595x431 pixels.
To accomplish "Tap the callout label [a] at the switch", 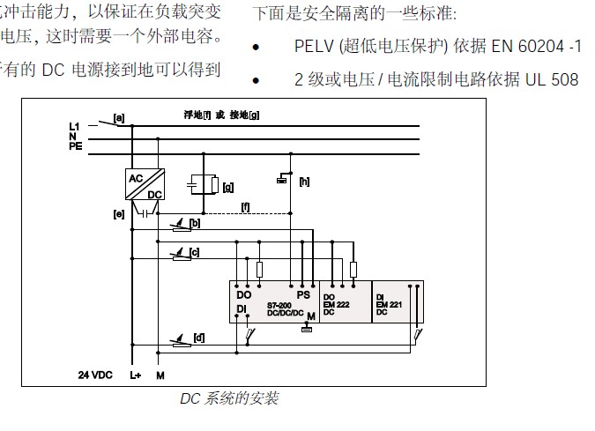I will click(x=118, y=117).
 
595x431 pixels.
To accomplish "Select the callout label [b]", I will click(x=196, y=224).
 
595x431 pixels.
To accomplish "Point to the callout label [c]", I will click(x=195, y=252).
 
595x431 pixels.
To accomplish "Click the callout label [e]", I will click(x=118, y=213).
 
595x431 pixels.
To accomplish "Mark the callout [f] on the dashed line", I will click(x=246, y=207).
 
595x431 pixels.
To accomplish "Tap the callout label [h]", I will click(x=304, y=182).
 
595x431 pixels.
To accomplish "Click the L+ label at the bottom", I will click(x=136, y=375).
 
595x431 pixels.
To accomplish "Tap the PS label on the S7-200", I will click(x=304, y=294).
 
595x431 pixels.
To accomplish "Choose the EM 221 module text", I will click(x=385, y=304).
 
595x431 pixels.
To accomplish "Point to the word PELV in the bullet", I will click(x=314, y=45).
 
